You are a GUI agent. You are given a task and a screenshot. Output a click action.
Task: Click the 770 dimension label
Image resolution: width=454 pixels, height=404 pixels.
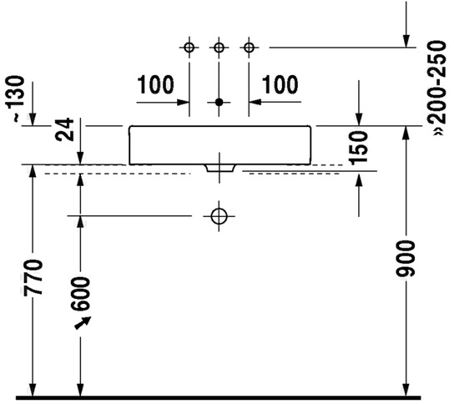[33, 277]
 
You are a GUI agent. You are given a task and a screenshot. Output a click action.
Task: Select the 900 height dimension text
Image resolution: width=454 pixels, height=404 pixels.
[406, 259]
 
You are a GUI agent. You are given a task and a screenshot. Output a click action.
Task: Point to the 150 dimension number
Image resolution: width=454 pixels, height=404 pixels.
[359, 148]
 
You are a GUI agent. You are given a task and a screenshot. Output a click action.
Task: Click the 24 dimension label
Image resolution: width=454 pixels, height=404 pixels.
[64, 129]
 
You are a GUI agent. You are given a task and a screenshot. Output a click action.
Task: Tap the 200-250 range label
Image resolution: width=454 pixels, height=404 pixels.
[437, 88]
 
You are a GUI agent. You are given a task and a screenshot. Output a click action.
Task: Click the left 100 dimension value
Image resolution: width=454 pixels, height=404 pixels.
[155, 84]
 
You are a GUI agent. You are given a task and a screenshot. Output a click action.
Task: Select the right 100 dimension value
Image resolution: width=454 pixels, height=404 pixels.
[280, 84]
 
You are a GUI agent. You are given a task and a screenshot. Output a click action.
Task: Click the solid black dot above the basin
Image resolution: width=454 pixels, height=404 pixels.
[219, 102]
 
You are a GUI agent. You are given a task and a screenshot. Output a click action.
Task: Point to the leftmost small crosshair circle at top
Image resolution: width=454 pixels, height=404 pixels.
[189, 48]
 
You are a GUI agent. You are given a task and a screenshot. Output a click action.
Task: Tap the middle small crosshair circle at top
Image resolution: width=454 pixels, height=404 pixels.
[219, 48]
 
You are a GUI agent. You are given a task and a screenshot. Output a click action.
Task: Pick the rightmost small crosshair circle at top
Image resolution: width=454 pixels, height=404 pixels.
[249, 48]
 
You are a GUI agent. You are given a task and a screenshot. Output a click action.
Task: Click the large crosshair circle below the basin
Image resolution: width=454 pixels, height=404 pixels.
[219, 216]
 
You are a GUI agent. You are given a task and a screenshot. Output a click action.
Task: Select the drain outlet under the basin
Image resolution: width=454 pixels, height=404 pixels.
[220, 169]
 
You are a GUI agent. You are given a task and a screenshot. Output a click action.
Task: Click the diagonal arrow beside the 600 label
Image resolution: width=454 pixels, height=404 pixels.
[83, 323]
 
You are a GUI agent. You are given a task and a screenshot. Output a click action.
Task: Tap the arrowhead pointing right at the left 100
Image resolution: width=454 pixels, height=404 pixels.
[184, 102]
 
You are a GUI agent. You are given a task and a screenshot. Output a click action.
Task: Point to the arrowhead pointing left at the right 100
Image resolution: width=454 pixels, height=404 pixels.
[255, 102]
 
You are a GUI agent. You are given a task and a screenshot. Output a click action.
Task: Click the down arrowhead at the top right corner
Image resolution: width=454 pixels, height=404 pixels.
[406, 41]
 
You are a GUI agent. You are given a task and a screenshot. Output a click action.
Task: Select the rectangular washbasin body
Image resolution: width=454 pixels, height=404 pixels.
[220, 145]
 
